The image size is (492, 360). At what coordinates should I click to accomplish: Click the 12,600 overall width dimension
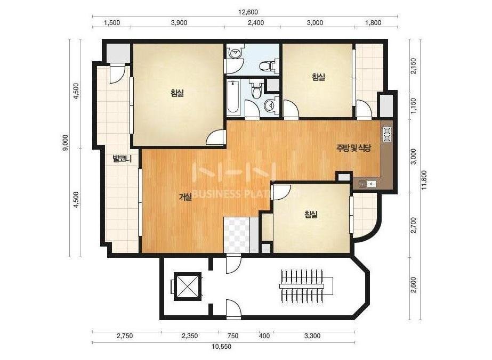[x=248, y=12]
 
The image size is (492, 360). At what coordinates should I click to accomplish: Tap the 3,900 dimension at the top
[x=179, y=22]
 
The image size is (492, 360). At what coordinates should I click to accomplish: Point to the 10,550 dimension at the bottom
[x=222, y=347]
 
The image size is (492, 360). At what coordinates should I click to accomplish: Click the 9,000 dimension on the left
[x=65, y=143]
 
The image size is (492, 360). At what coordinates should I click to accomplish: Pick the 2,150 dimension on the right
[x=414, y=66]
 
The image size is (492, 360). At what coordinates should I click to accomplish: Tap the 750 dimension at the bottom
[x=233, y=336]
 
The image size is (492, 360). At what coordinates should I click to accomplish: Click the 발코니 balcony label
[x=122, y=159]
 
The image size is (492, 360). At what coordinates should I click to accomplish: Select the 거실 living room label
[x=185, y=197]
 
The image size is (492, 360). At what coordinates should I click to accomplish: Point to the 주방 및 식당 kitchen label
[x=353, y=148]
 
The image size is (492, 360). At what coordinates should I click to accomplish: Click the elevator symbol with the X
[x=187, y=287]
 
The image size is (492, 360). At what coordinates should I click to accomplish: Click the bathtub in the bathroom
[x=233, y=96]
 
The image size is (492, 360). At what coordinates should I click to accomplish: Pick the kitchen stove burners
[x=387, y=134]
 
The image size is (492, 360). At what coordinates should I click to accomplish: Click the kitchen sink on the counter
[x=367, y=184]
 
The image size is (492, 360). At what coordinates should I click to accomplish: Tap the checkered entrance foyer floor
[x=237, y=235]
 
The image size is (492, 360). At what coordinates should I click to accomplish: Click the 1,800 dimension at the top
[x=373, y=22]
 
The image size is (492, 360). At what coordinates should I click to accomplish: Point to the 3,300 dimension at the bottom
[x=312, y=336]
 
